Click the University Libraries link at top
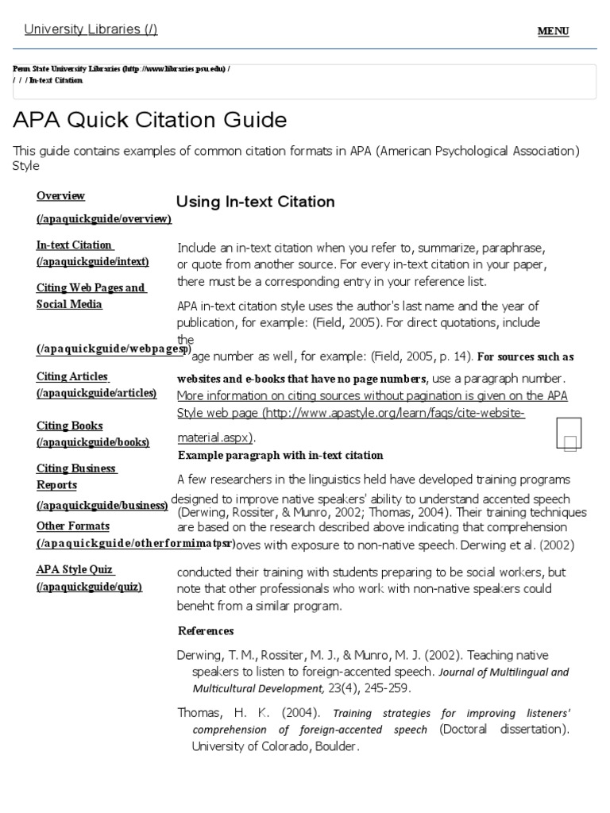point(91,29)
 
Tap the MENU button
point(553,31)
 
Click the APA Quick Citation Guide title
point(150,120)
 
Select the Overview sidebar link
point(61,196)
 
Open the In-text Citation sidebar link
point(75,245)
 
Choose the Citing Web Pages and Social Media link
point(91,295)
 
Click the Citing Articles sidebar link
point(72,376)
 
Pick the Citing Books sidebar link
point(70,426)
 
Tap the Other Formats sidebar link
point(73,526)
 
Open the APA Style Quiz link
point(76,570)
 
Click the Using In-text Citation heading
point(255,202)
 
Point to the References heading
point(206,631)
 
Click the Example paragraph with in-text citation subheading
point(280,456)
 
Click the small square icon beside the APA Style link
point(569,434)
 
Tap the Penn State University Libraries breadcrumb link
point(120,69)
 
